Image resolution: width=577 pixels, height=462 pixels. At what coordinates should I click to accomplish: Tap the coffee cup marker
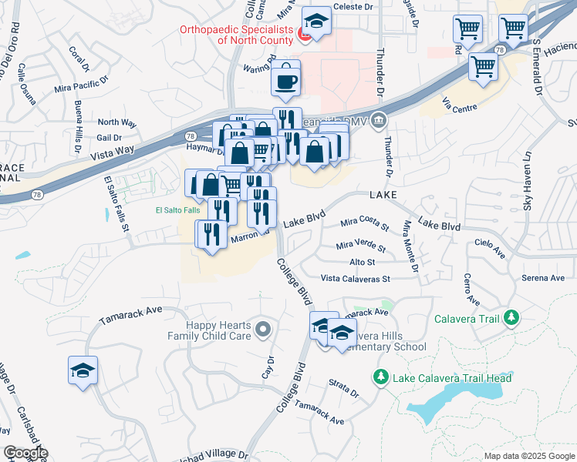[286, 80]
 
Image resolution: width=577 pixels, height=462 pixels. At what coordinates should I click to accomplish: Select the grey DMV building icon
[379, 120]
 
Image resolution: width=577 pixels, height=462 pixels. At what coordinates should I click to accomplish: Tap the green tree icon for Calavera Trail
[510, 317]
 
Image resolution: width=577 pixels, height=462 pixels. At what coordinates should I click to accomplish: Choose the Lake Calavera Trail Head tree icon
[380, 377]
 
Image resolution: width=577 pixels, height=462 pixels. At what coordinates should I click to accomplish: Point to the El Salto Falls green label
[177, 209]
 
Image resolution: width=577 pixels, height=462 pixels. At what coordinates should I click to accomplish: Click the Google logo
[25, 453]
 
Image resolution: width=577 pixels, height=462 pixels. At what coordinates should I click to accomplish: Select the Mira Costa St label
[365, 224]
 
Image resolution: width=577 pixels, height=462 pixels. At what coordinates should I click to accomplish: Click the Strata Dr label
[344, 393]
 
